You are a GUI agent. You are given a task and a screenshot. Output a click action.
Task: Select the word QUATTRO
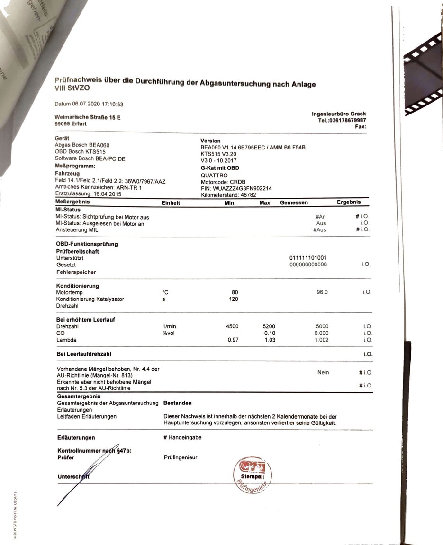(214, 175)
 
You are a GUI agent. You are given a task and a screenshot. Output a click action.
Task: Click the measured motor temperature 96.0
(322, 292)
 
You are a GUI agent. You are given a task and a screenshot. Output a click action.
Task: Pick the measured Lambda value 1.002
(321, 340)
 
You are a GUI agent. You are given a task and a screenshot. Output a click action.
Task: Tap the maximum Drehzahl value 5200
(269, 326)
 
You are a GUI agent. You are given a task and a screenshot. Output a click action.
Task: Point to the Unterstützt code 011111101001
(308, 258)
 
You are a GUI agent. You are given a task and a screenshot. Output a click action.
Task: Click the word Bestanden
(177, 403)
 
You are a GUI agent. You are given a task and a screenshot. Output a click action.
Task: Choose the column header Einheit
(171, 202)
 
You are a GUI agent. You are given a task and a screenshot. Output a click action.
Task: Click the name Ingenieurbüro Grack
(339, 114)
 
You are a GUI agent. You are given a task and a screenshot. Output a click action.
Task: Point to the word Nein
(323, 373)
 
